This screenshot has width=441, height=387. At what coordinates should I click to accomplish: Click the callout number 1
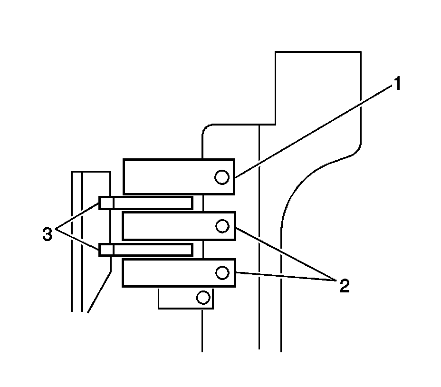[397, 85]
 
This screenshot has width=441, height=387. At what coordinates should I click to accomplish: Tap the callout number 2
[344, 285]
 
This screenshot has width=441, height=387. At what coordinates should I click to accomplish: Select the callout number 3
[47, 234]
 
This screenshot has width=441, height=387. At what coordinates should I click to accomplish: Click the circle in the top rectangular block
[222, 177]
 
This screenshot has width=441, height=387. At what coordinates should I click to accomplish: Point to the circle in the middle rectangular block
[222, 226]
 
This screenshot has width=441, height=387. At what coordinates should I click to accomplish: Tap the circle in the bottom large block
[222, 272]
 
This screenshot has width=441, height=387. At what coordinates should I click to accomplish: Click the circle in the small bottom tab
[203, 298]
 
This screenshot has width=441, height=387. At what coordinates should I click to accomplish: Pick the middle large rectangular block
[171, 226]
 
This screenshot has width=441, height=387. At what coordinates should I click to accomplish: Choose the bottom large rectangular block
[171, 272]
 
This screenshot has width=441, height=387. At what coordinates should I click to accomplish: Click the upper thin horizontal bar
[152, 203]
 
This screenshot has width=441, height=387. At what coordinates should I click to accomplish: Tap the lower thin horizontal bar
[152, 250]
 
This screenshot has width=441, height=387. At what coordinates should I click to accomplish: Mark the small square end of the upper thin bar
[106, 203]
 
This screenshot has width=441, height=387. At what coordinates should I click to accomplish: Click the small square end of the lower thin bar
[106, 250]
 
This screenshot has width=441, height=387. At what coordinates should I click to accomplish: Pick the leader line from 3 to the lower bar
[78, 239]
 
